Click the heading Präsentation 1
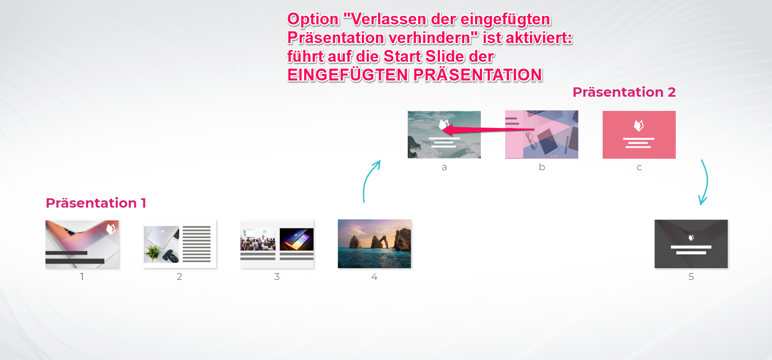click(x=96, y=203)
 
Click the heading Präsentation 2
click(x=624, y=92)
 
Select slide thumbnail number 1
click(x=82, y=244)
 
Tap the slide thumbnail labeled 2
click(x=179, y=244)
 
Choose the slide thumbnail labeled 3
click(x=277, y=244)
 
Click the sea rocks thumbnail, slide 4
click(x=374, y=244)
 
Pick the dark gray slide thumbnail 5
click(x=691, y=244)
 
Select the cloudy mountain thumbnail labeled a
click(x=444, y=134)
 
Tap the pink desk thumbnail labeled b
click(x=542, y=134)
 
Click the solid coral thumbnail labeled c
click(x=639, y=134)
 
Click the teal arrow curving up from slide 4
click(x=368, y=179)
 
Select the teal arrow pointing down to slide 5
click(x=705, y=182)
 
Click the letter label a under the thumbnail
click(x=444, y=167)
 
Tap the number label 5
click(x=691, y=277)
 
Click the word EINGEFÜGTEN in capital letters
click(x=348, y=75)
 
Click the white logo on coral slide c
click(x=639, y=126)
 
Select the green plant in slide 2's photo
click(x=154, y=252)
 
